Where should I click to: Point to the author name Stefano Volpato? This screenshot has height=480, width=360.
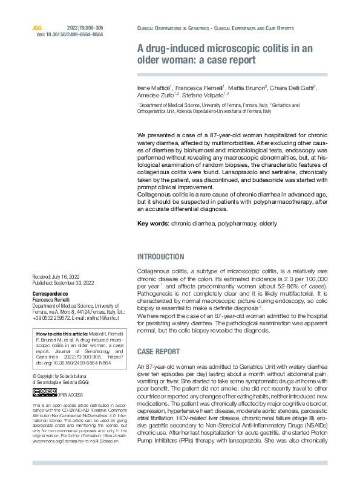[207, 94]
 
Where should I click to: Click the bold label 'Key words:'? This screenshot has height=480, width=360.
[153, 224]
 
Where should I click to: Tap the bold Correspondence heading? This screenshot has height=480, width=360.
[50, 293]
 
